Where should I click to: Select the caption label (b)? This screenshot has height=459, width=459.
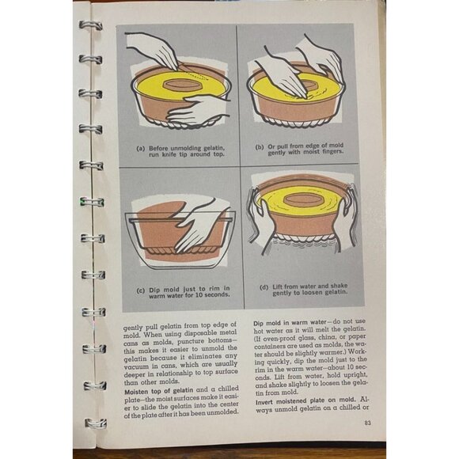pyautogui.click(x=259, y=147)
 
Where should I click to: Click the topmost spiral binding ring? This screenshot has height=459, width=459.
pyautogui.click(x=89, y=25)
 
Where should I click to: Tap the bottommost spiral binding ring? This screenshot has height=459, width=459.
pyautogui.click(x=93, y=423)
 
